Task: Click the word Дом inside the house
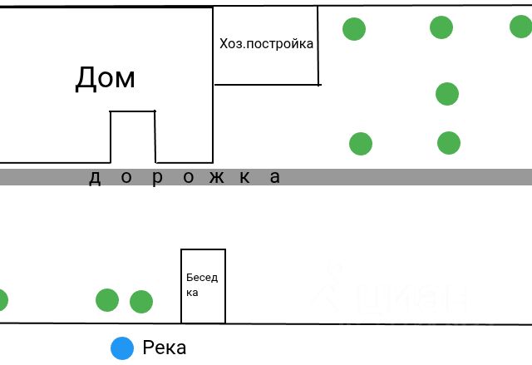click(x=105, y=78)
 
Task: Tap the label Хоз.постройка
click(x=266, y=43)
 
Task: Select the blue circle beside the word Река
click(x=122, y=348)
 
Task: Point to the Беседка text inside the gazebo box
click(x=201, y=284)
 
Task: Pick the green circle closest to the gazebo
click(x=141, y=301)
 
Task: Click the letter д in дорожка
click(x=95, y=177)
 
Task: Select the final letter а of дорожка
click(x=275, y=177)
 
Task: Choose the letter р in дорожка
click(x=155, y=178)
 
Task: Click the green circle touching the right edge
click(x=521, y=27)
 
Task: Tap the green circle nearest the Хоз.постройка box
click(x=354, y=29)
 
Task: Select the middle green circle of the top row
click(x=441, y=27)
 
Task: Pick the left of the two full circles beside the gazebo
click(x=107, y=299)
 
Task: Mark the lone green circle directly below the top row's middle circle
click(x=447, y=94)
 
